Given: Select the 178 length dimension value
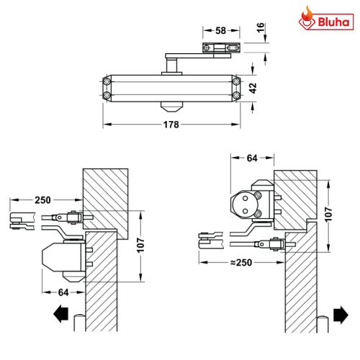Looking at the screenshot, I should point(170,124).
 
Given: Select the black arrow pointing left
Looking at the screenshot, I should point(61,314).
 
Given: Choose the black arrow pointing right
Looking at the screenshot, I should point(340,314).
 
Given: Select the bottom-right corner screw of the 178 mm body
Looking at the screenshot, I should point(236,95).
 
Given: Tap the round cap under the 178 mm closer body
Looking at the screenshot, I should point(171,106).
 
